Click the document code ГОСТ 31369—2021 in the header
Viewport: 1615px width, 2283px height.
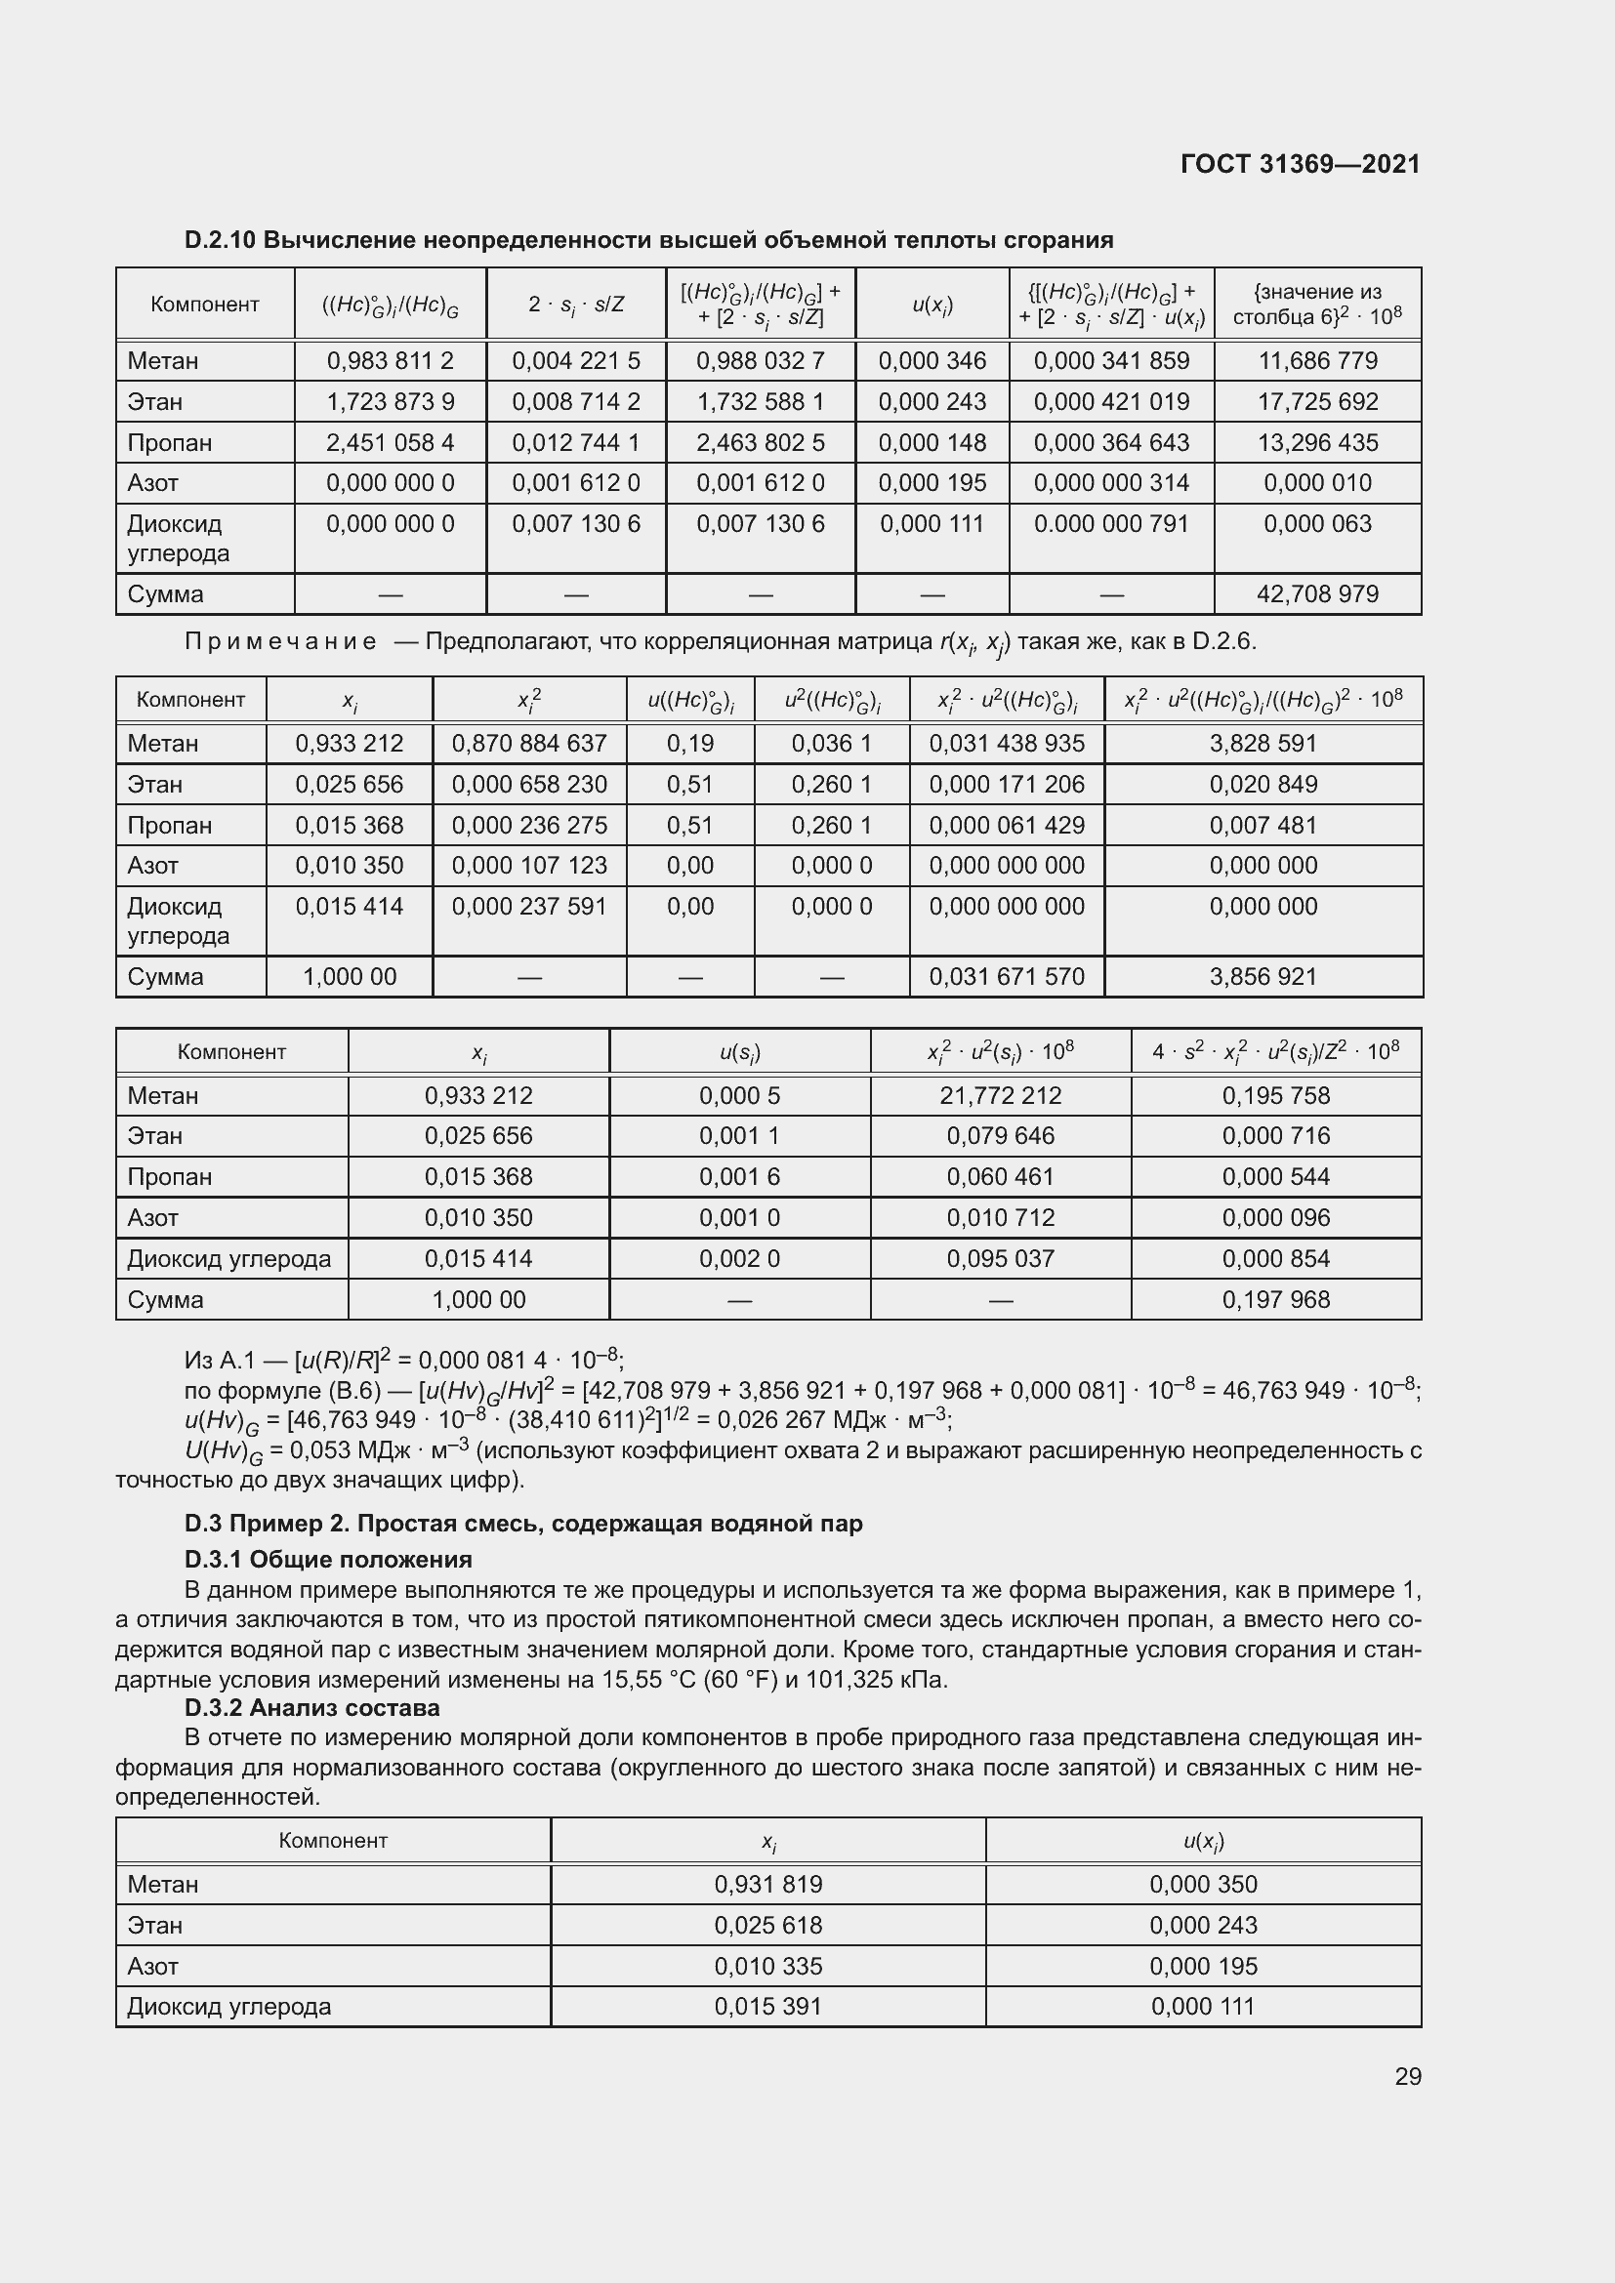coord(1300,164)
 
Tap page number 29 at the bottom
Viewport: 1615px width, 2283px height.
coord(1407,2076)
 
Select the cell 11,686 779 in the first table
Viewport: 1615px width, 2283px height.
coord(1317,361)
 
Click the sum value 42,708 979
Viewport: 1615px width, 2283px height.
coord(1317,594)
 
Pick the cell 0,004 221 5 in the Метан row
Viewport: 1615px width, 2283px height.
coord(576,361)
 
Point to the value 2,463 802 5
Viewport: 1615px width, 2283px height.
coord(760,442)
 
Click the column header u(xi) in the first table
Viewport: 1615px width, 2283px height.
coord(932,306)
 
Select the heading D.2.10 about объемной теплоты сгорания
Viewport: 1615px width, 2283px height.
coord(648,240)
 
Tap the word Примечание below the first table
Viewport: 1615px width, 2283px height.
coord(280,641)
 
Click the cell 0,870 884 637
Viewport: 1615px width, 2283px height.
coord(529,744)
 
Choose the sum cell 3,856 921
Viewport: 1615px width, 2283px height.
coord(1263,976)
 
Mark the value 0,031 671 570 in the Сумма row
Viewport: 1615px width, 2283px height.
coord(1007,976)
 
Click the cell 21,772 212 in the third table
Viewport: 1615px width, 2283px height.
coord(1001,1096)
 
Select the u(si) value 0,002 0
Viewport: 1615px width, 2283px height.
coord(739,1259)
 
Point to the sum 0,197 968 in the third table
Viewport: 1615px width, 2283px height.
coord(1276,1299)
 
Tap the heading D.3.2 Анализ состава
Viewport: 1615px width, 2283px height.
coord(312,1707)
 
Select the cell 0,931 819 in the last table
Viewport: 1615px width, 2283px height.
coord(767,1884)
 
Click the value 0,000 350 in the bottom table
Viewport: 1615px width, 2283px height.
coord(1203,1884)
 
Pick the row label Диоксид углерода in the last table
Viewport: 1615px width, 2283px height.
coord(228,2007)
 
